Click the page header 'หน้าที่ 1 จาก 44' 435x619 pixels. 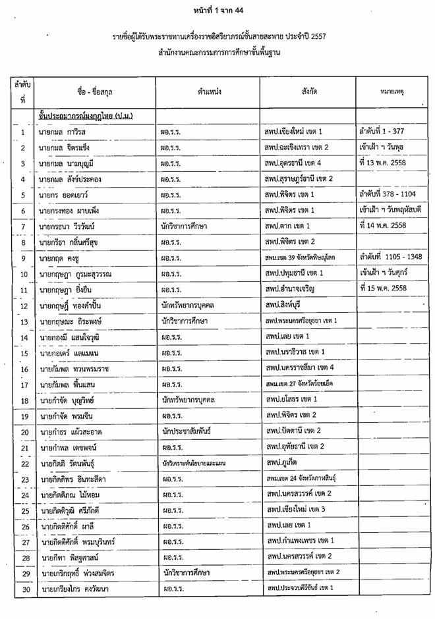(x=217, y=11)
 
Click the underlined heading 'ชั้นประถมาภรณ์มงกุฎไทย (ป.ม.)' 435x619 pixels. (x=86, y=117)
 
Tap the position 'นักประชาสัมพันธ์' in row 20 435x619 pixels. (x=187, y=432)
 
